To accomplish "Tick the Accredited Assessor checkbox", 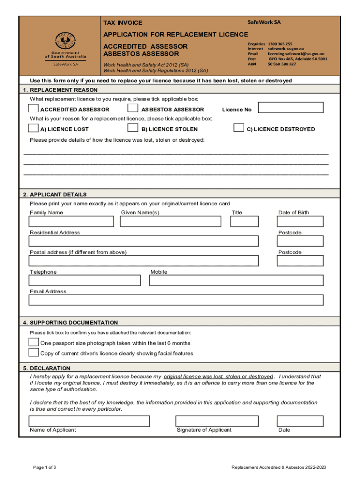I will (34, 109).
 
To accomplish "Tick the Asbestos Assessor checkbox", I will (133, 109).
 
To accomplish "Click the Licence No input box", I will (291, 108).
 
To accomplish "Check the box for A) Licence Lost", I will (34, 128).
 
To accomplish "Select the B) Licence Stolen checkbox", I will (133, 128).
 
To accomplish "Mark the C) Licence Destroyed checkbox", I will (238, 128).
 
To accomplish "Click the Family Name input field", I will (72, 221).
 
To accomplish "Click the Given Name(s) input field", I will (171, 221).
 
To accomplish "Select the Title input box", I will (244, 221).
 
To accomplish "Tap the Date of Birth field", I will (300, 221).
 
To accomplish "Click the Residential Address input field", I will (144, 241).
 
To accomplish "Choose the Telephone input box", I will (85, 280).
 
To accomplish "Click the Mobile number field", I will (236, 280).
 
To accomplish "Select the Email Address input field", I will (176, 300).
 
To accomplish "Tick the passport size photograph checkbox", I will (34, 342).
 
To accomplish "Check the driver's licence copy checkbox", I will (34, 353).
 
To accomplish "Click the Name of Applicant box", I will (89, 421).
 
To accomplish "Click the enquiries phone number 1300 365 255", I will (280, 44).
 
